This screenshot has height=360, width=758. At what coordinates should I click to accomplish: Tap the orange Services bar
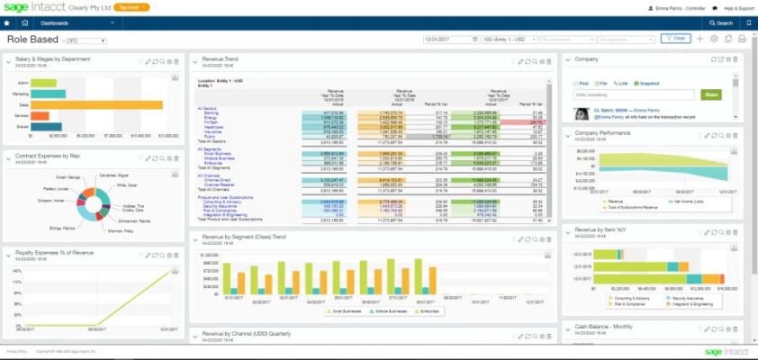click(x=35, y=115)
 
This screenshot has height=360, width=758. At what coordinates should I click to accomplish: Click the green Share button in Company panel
click(x=711, y=94)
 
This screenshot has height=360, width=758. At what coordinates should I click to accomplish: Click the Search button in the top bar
click(x=723, y=22)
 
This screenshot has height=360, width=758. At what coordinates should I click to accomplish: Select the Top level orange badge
click(x=132, y=7)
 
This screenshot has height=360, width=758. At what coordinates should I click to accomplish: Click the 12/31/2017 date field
click(x=447, y=39)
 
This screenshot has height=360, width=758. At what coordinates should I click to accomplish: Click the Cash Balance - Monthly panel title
click(x=608, y=327)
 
